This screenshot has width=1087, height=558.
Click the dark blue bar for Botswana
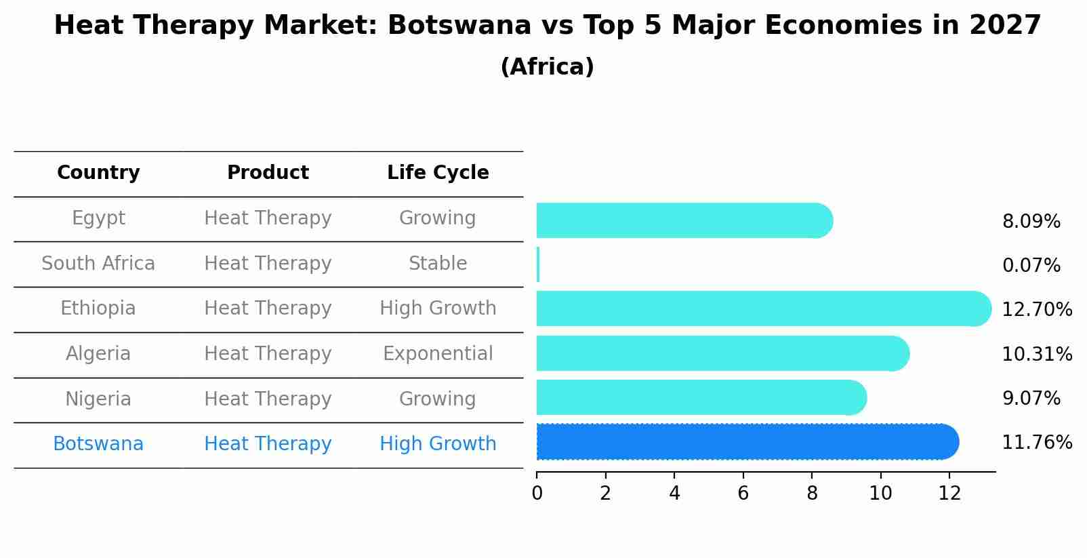click(x=745, y=442)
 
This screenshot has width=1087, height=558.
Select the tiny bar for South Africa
click(x=538, y=264)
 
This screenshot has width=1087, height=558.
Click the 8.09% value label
click(x=1031, y=222)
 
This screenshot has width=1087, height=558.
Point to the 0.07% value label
click(x=1031, y=266)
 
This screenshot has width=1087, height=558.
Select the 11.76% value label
click(x=1036, y=443)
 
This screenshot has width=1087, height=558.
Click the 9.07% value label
click(x=1031, y=398)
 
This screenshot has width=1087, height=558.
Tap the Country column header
click(x=98, y=173)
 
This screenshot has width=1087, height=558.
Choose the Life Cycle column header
click(x=438, y=173)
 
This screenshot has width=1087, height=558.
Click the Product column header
click(x=268, y=173)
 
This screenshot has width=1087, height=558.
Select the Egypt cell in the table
click(x=98, y=218)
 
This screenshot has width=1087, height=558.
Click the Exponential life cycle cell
click(x=438, y=354)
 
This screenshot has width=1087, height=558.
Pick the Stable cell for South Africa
click(x=438, y=264)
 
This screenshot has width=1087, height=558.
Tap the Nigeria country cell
click(x=98, y=399)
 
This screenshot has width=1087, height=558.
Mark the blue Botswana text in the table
click(x=98, y=444)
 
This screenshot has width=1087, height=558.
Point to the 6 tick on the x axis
click(x=743, y=494)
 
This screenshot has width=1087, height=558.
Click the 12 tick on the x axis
click(x=949, y=494)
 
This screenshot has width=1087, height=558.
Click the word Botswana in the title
click(x=459, y=26)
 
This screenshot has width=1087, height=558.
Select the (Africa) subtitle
click(x=547, y=67)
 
